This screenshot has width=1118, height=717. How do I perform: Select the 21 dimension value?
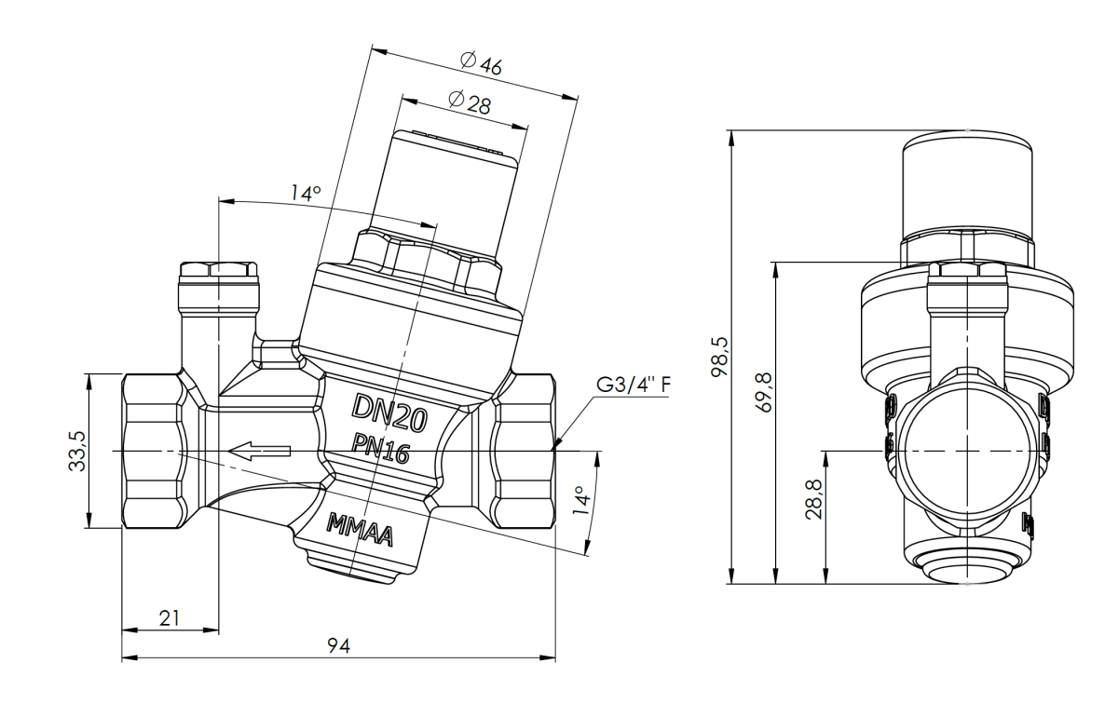[x=170, y=617]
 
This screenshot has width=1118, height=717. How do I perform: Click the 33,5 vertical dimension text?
[x=78, y=452]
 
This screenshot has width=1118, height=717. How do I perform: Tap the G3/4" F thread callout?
[x=632, y=386]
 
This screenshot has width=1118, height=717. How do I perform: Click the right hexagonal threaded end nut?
[x=524, y=452]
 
